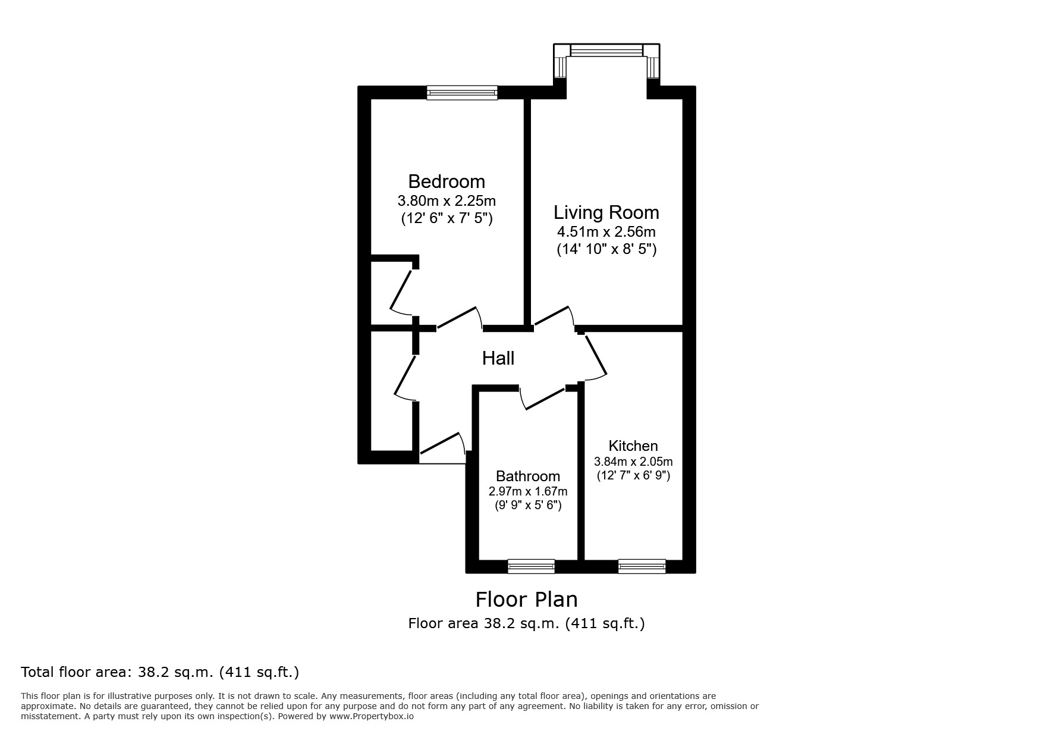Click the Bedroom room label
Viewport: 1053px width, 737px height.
(x=446, y=181)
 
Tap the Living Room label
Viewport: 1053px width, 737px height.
(x=606, y=212)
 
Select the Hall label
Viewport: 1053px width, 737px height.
(x=498, y=358)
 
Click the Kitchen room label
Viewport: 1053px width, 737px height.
(x=633, y=446)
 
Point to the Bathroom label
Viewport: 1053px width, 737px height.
(x=527, y=476)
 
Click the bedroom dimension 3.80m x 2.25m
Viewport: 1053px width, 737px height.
(x=447, y=200)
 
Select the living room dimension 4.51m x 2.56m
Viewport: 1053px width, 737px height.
(x=606, y=232)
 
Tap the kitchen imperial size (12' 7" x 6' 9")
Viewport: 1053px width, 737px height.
(x=633, y=476)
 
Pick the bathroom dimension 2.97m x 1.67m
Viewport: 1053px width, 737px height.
(x=527, y=491)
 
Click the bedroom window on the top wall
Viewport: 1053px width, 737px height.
(x=461, y=92)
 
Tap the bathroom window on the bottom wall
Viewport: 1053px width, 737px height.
(x=530, y=566)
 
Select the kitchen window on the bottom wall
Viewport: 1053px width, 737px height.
(x=641, y=566)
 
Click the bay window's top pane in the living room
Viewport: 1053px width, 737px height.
(x=606, y=51)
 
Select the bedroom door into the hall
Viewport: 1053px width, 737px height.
(x=458, y=318)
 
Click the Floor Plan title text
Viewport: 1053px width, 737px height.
(x=526, y=599)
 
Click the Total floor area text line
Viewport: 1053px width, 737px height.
(x=159, y=673)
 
